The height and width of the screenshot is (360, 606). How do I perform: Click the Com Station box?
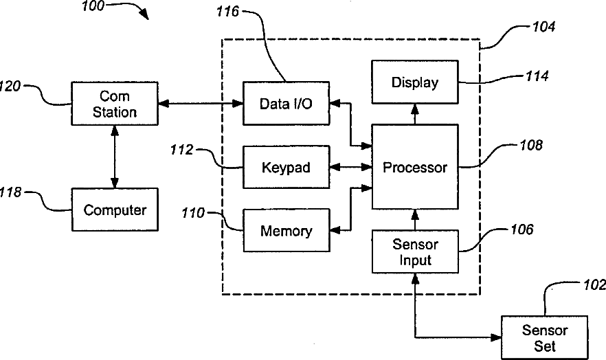click(115, 104)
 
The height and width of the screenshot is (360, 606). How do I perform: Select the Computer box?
click(115, 210)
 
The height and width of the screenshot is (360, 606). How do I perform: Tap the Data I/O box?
click(286, 104)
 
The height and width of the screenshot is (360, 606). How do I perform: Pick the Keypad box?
click(286, 168)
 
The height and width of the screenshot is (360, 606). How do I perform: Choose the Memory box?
click(286, 231)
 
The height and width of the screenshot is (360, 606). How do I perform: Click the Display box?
click(414, 83)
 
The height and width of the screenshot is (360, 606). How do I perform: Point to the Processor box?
click(414, 167)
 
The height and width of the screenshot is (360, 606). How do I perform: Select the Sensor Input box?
click(414, 252)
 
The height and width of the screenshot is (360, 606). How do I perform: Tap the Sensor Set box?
click(544, 337)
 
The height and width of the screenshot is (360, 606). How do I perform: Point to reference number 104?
click(543, 28)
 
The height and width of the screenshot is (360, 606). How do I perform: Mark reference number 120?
click(12, 87)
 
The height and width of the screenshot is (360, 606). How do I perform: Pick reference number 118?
click(12, 193)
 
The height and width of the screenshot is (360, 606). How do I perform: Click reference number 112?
click(182, 149)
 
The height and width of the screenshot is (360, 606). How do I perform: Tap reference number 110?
click(193, 213)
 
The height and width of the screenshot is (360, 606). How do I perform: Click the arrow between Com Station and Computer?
click(115, 157)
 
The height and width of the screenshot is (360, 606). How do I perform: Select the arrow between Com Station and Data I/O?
click(200, 104)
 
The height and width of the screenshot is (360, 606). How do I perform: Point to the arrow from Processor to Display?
click(414, 114)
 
